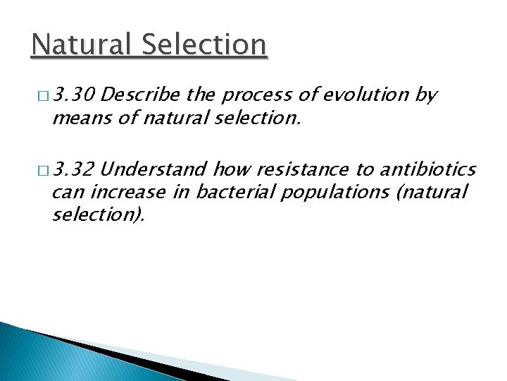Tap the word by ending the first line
coord(427,95)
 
